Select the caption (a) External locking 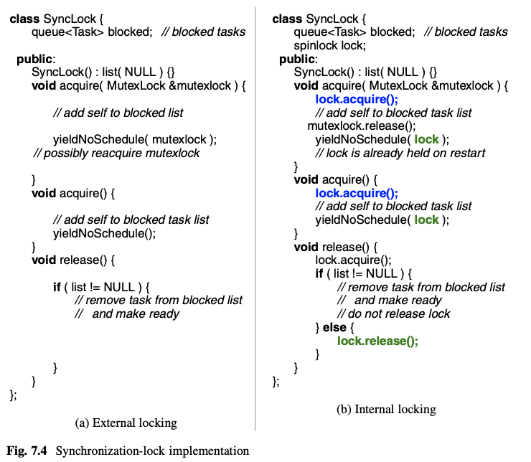(126, 422)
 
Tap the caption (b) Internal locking (386, 410)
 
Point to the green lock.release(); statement (377, 341)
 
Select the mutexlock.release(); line (352, 126)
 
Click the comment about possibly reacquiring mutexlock (117, 153)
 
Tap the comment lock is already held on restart (400, 153)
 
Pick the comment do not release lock (393, 313)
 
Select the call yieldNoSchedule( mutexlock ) (135, 139)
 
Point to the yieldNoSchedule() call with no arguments (104, 233)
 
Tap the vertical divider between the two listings (255, 215)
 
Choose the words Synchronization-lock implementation (152, 451)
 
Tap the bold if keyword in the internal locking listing (319, 273)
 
